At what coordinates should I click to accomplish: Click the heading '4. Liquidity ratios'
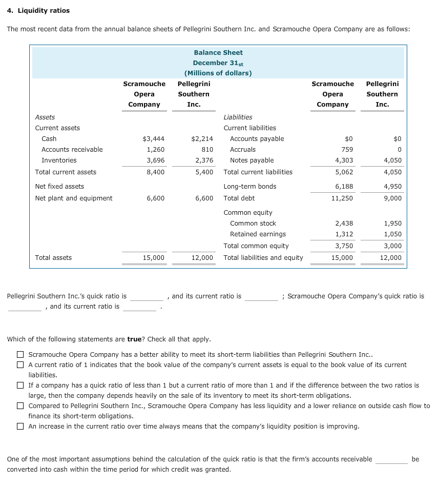[38, 10]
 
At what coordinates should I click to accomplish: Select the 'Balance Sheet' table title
[218, 52]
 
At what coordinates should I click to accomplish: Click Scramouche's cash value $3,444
[153, 138]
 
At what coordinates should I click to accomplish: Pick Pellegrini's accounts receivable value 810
[207, 149]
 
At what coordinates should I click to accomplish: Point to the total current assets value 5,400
[204, 172]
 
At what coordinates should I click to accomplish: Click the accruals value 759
[347, 149]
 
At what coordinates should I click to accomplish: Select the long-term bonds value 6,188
[344, 186]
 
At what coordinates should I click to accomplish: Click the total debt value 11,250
[342, 198]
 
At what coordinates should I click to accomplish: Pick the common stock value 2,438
[344, 223]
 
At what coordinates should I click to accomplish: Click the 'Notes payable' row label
[252, 160]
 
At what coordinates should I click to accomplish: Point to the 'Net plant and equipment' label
[74, 198]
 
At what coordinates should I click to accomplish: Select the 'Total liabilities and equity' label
[263, 257]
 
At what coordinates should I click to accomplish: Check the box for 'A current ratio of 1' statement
[20, 365]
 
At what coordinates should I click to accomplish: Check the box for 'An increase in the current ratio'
[20, 427]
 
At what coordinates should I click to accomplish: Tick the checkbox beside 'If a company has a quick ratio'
[20, 385]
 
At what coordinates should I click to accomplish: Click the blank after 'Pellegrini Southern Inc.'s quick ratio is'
[147, 297]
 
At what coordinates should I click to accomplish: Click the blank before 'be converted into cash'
[391, 460]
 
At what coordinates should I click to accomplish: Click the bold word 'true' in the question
[136, 339]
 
